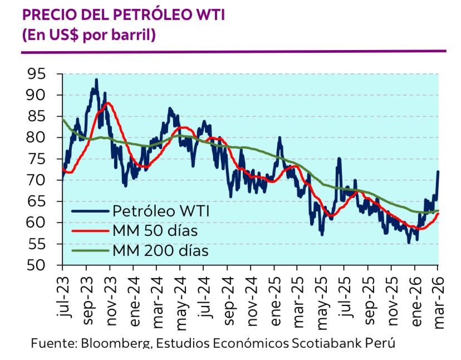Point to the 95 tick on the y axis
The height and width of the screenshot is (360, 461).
38,74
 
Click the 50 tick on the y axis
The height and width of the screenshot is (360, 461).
38,265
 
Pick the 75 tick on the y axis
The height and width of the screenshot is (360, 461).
38,159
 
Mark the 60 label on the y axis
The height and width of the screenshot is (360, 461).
38,223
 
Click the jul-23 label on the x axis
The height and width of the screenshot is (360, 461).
63,298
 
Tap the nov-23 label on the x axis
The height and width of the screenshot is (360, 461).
110,298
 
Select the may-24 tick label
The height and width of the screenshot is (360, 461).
180,298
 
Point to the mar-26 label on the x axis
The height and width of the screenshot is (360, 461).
437,298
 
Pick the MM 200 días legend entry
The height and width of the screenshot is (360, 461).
160,250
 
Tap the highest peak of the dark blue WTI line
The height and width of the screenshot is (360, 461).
96,80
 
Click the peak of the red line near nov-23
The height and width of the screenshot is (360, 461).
107,103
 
